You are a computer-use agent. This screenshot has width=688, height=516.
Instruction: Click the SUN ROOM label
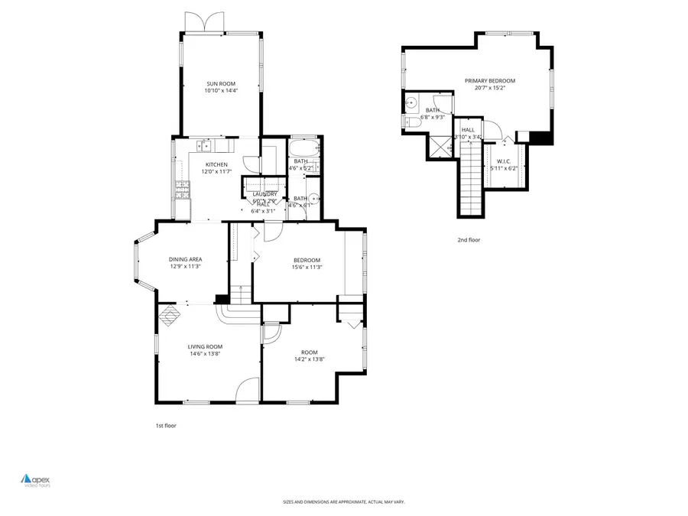(x=219, y=83)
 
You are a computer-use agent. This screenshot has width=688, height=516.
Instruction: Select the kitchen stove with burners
(x=182, y=189)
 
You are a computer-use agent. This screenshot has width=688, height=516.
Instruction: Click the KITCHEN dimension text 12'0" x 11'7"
(x=217, y=172)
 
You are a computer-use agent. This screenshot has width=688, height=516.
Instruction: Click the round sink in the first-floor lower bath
(x=314, y=197)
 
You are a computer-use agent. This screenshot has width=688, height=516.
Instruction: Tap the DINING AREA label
(x=185, y=259)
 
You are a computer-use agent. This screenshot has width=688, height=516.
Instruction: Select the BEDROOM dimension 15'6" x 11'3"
(x=306, y=267)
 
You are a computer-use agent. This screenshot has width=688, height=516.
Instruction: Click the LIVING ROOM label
(x=206, y=347)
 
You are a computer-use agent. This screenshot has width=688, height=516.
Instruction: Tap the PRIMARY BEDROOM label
(x=489, y=80)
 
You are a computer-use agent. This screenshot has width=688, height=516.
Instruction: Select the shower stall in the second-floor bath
(x=439, y=143)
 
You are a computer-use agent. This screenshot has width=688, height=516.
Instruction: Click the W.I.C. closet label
(x=503, y=161)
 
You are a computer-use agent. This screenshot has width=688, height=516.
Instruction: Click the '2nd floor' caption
(x=469, y=240)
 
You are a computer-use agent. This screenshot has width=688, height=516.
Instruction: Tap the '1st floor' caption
(x=165, y=425)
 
